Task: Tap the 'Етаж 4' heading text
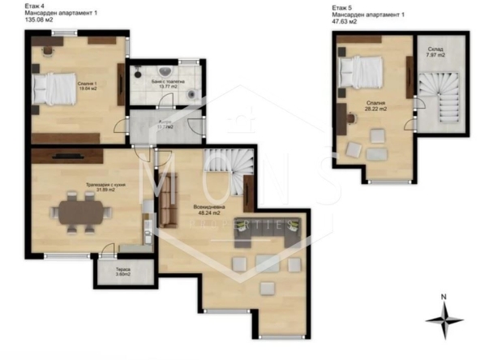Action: point(36,6)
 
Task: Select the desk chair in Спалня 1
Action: point(45,47)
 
